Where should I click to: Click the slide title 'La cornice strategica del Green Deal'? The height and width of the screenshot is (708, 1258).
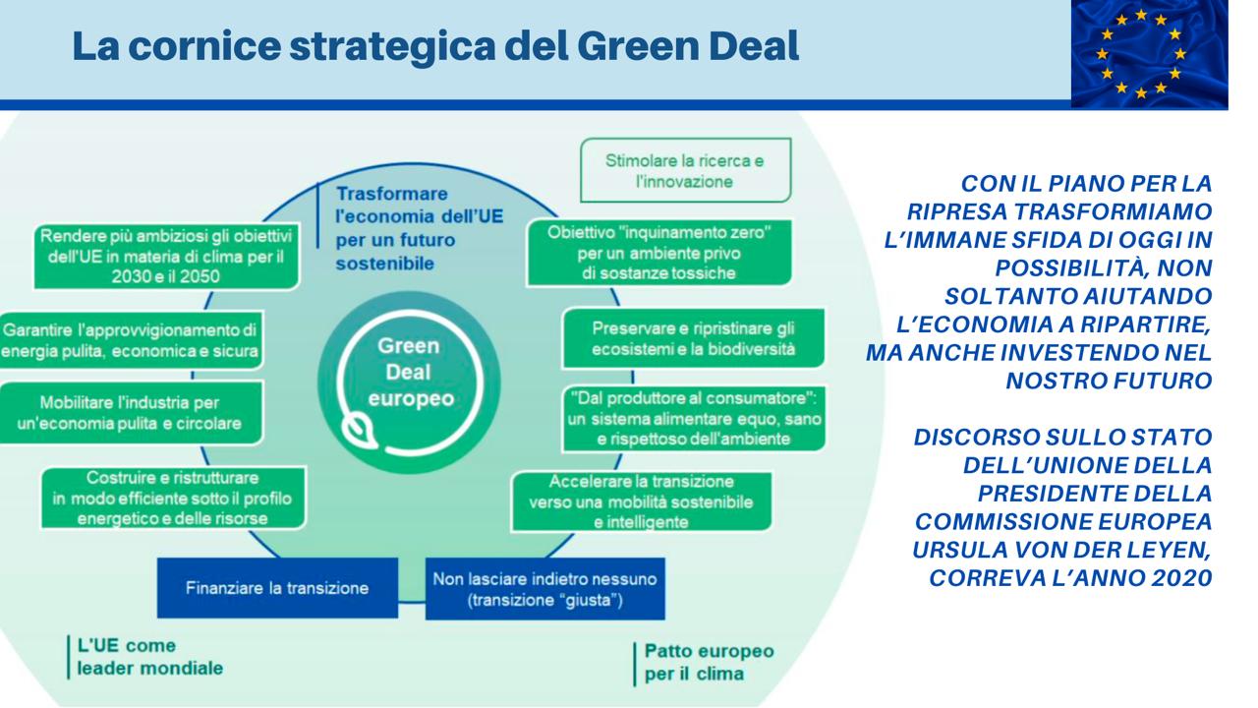point(435,46)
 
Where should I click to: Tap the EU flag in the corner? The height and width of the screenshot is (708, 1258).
point(1149,53)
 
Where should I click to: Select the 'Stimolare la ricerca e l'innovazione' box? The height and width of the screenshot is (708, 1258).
point(685,170)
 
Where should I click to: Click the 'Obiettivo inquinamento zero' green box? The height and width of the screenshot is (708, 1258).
point(658,253)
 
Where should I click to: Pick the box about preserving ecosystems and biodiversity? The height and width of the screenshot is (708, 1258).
point(694,338)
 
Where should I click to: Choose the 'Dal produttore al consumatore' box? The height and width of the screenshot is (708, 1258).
point(694,419)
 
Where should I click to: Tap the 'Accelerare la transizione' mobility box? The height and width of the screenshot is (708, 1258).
point(642,501)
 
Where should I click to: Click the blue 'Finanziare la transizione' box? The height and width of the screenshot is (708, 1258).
point(277,588)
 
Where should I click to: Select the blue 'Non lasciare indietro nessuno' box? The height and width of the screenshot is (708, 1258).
point(544,589)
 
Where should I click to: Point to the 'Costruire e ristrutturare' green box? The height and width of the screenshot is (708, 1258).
point(173,498)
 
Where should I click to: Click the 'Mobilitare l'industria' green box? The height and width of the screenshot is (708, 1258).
point(131,413)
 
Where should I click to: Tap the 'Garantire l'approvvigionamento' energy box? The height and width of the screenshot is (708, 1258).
point(131,340)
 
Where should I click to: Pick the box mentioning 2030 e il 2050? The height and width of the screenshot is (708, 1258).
point(166,257)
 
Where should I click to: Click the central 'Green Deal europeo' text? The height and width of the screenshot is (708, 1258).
point(409,372)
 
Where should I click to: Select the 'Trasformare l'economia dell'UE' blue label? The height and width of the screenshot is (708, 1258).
point(419,228)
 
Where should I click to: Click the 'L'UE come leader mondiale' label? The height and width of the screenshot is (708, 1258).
point(149,657)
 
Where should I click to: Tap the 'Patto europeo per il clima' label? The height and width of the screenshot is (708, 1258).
point(709,662)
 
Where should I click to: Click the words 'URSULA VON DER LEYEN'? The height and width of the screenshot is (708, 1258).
point(1060,550)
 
